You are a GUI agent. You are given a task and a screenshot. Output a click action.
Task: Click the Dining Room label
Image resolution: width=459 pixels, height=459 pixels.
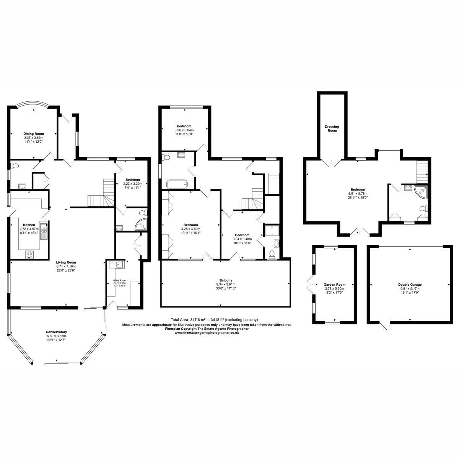coord(34,133)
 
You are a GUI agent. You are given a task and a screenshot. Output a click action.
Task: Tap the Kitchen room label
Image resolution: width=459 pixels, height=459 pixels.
coord(29,225)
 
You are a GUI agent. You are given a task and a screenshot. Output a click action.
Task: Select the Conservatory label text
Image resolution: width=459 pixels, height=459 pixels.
coord(57,332)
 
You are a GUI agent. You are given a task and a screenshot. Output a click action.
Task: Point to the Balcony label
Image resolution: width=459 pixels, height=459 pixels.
coord(226,280)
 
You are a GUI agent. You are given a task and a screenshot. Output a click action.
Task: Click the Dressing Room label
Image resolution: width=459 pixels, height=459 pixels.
coord(332,129)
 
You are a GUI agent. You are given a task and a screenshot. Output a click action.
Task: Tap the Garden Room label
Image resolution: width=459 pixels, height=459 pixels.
coord(334,285)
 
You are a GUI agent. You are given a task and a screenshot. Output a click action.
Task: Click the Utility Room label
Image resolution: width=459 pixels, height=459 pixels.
coord(119,280)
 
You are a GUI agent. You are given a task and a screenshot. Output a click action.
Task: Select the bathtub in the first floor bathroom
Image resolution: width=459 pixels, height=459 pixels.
coord(177,184)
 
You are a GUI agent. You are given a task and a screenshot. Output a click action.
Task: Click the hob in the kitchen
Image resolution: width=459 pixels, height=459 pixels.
coord(29,255)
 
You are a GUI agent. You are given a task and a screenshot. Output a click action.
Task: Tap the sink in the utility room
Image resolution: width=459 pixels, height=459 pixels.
coord(115,264)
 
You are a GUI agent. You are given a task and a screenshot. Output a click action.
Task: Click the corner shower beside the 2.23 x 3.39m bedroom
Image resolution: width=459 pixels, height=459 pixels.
coord(142,226)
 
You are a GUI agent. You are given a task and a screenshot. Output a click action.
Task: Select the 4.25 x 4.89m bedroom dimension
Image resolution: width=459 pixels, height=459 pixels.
coord(190,229)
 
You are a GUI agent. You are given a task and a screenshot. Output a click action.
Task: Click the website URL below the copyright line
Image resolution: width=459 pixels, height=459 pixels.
coord(207,333)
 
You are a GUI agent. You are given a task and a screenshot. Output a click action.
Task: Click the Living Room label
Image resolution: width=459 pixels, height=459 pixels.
coord(66,262)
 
